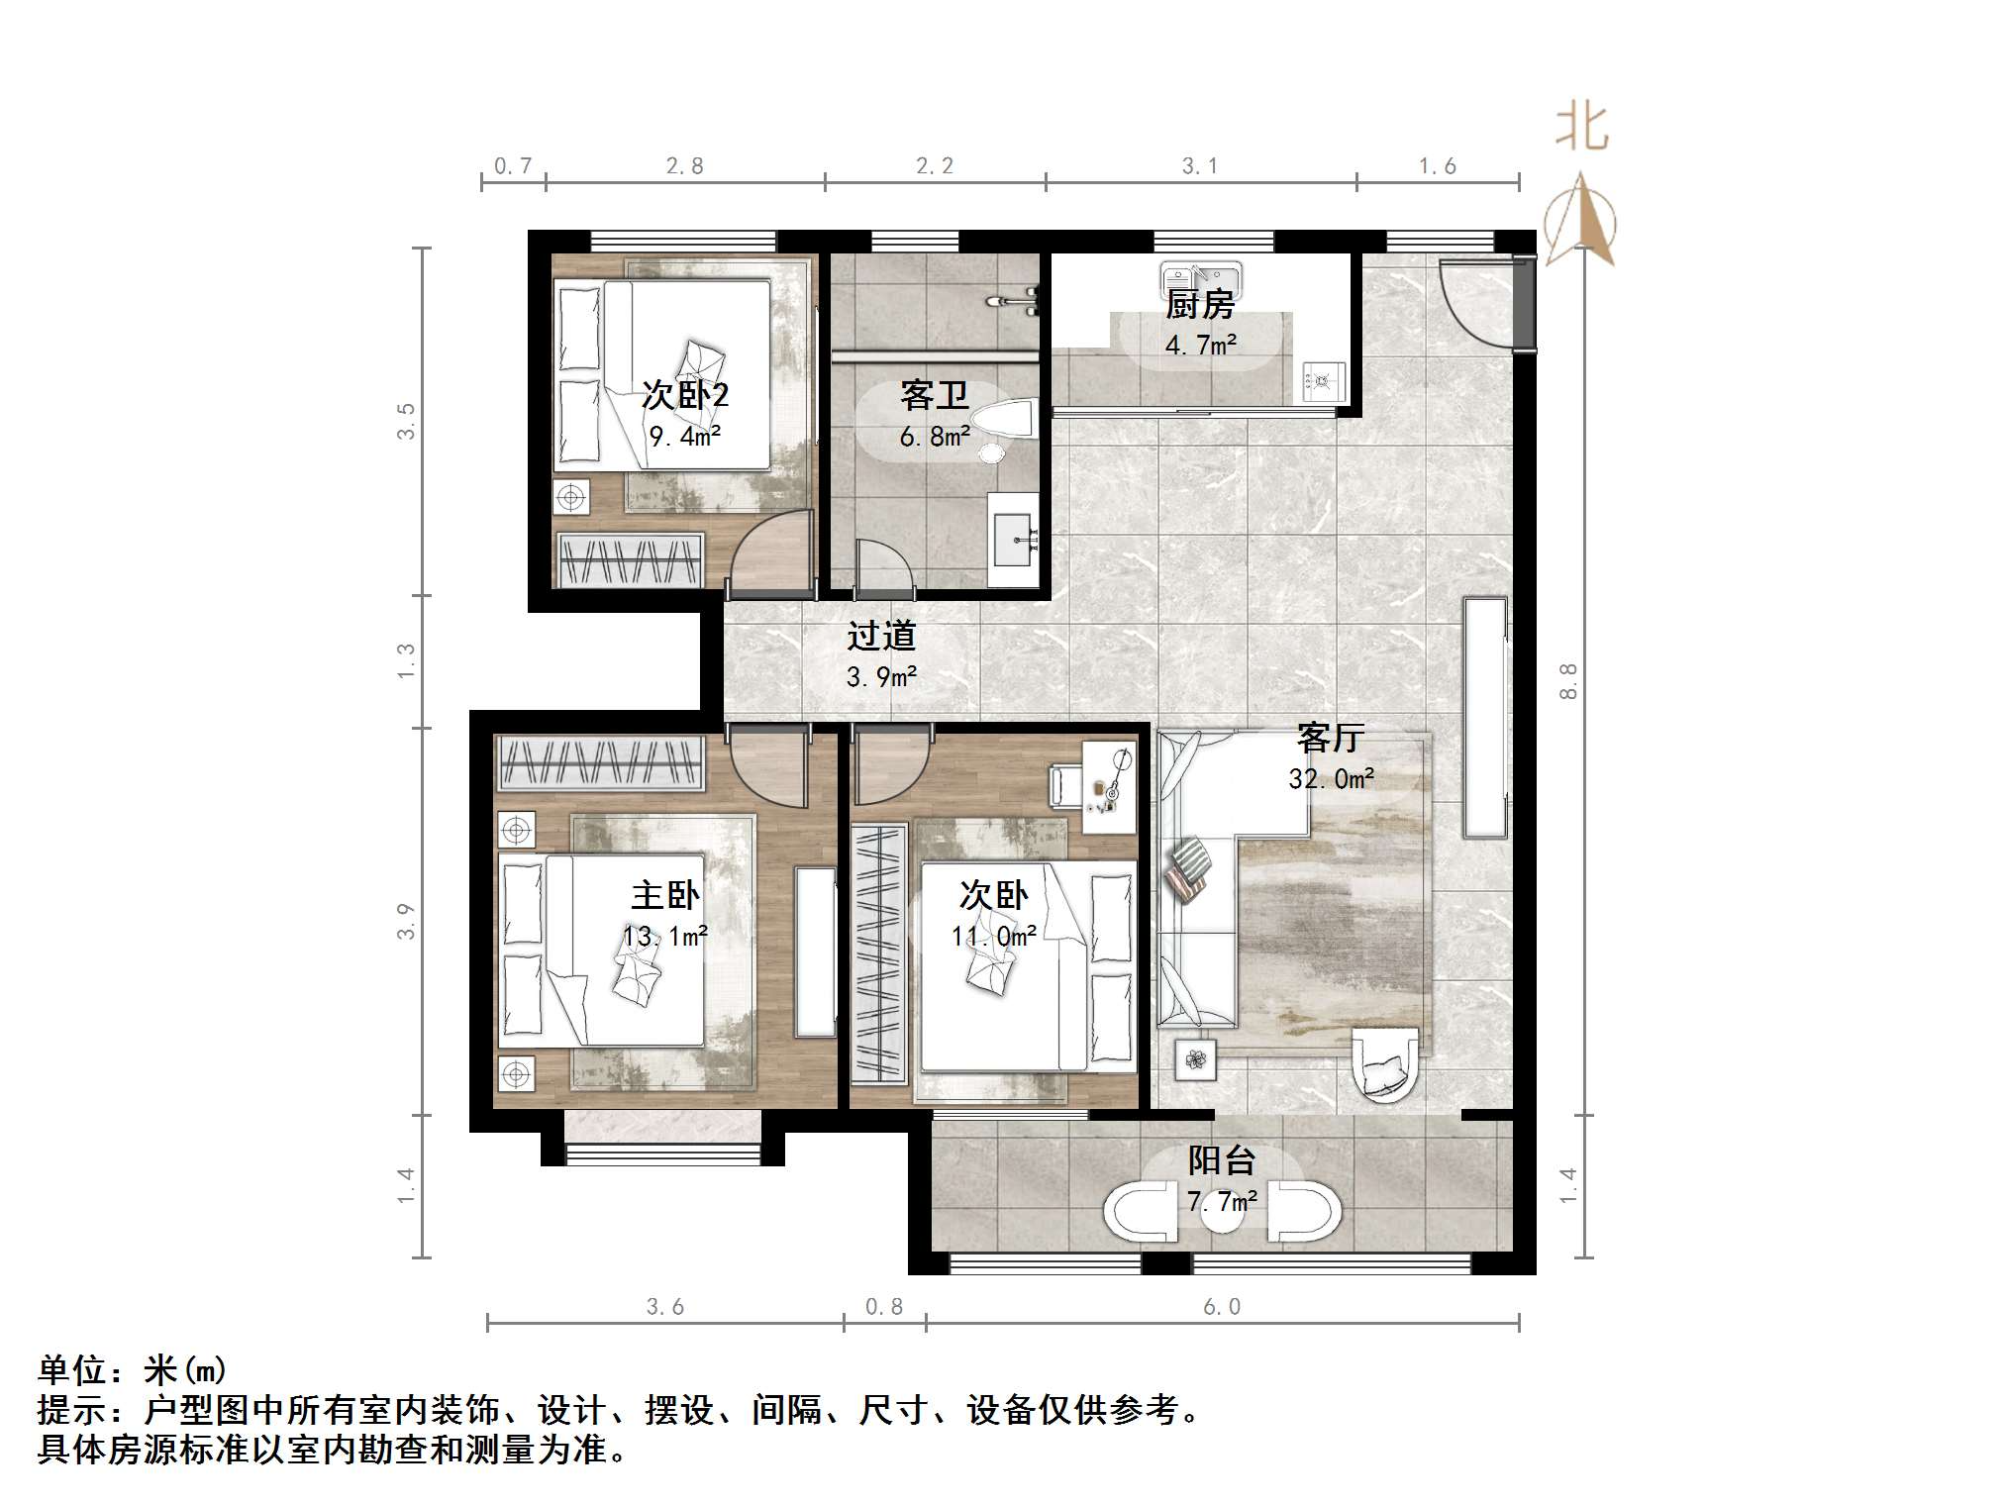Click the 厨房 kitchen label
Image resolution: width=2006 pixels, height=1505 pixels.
click(1199, 304)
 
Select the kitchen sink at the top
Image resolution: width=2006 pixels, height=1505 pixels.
click(1201, 277)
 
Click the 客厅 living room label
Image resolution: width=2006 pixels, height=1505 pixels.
click(1331, 737)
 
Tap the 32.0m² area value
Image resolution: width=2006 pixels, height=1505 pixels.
click(1331, 778)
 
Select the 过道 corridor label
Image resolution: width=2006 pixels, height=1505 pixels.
click(881, 636)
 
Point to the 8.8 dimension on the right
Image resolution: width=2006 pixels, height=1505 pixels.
click(1567, 681)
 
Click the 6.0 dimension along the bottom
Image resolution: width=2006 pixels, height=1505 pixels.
click(1221, 1306)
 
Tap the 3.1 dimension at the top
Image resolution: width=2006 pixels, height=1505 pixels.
click(1199, 165)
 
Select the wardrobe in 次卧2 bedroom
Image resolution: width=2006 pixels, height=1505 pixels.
click(630, 559)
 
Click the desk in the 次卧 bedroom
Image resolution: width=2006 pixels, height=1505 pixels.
click(1109, 788)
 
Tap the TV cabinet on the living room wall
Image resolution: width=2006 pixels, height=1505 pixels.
click(1485, 718)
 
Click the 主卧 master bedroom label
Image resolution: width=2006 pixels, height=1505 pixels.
click(665, 895)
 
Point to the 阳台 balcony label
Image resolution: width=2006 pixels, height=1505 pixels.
click(1223, 1159)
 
